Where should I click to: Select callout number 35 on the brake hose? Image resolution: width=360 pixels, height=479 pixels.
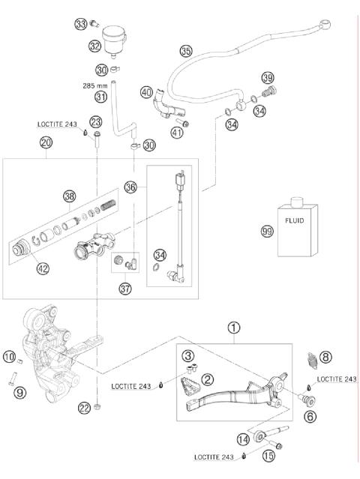click(186, 51)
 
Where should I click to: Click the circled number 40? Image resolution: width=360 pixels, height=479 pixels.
click(148, 92)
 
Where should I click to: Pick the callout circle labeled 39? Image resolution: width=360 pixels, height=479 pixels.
click(267, 79)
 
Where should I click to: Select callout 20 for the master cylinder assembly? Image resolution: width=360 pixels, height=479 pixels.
click(46, 142)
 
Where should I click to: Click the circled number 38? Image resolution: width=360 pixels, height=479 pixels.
click(69, 196)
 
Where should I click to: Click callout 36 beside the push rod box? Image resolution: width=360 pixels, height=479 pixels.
click(132, 187)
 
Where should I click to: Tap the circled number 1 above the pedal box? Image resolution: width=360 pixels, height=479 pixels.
click(234, 328)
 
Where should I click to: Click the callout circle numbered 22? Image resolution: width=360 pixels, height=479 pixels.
click(84, 407)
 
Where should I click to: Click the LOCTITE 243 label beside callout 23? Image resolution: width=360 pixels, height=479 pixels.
click(57, 124)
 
